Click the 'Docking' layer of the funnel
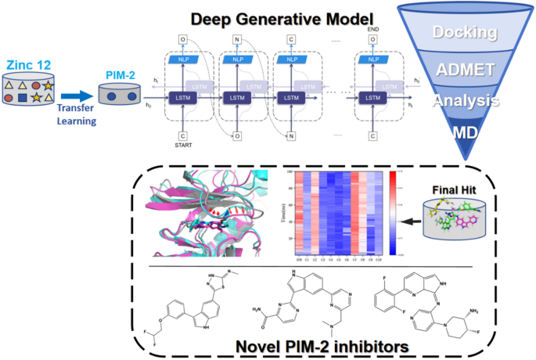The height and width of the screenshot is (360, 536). [x=477, y=34]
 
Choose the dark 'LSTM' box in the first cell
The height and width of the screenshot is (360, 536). [x=182, y=97]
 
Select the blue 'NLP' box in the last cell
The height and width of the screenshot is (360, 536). [x=372, y=58]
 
